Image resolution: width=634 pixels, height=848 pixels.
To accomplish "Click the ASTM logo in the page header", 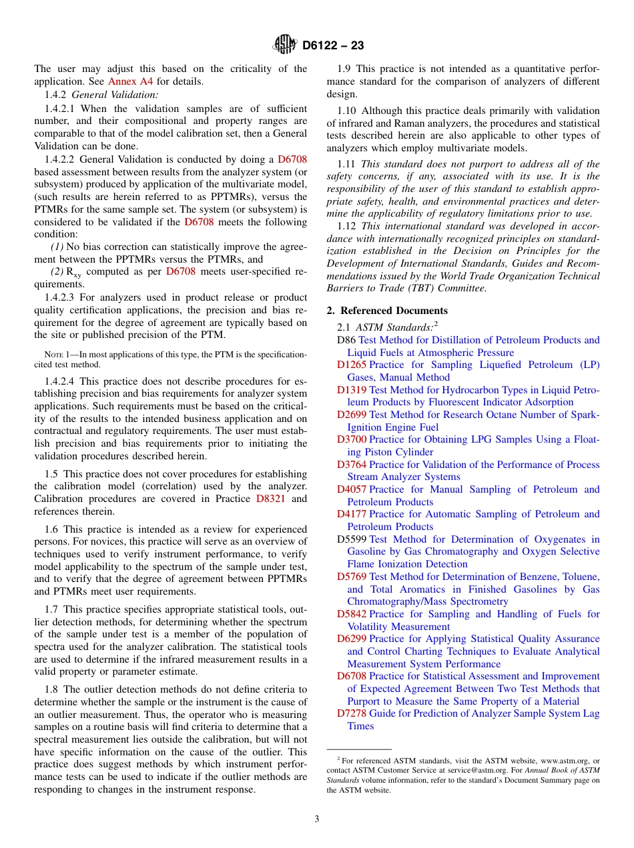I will [285, 45].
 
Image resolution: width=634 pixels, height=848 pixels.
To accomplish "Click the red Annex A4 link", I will [131, 81].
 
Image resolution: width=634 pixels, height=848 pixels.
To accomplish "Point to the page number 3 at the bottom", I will [317, 819].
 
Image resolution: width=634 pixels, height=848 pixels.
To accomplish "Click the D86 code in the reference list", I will [346, 340].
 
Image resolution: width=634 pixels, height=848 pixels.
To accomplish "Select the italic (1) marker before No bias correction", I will [58, 247].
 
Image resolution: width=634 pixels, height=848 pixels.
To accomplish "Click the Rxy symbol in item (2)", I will [73, 273].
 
